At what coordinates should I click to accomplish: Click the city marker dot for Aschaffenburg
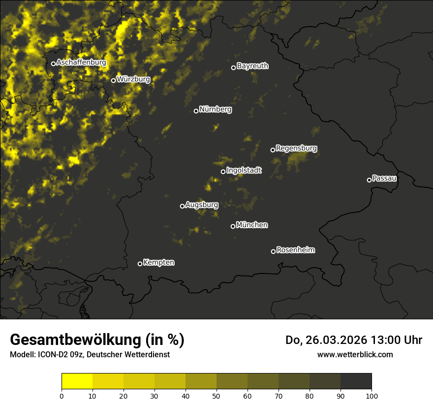[x=53, y=64]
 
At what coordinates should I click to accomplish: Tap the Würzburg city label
[x=133, y=79]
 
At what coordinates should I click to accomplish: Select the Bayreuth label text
[x=252, y=66]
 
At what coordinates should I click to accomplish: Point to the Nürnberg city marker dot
[x=196, y=111]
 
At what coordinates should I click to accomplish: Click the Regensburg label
[x=296, y=148]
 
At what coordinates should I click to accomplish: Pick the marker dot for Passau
[x=369, y=180]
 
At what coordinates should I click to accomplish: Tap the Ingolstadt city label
[x=244, y=170]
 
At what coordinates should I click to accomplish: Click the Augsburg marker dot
[x=182, y=206]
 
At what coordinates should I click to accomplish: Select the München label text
[x=252, y=225]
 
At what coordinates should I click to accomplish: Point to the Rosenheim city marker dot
[x=273, y=252]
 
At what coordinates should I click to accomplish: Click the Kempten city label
[x=158, y=263]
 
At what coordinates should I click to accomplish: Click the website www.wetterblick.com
[x=355, y=354]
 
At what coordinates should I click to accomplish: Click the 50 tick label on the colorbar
[x=216, y=395]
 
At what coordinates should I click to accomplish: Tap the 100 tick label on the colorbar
[x=371, y=395]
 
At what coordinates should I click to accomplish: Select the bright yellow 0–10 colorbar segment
[x=77, y=381]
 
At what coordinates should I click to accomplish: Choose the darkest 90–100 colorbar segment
[x=356, y=381]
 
